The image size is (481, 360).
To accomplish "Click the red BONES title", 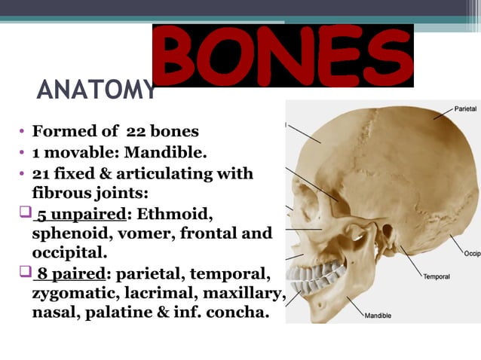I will point(283,55).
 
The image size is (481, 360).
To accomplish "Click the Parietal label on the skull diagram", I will point(464,109).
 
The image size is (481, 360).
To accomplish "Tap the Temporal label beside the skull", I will point(436,276).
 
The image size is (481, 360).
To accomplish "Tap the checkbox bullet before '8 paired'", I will point(23,272).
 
